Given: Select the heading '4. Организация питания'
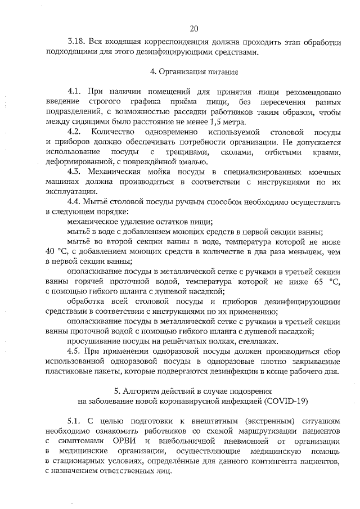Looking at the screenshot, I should pyautogui.click(x=194, y=72).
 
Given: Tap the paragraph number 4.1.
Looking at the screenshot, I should pyautogui.click(x=74, y=92).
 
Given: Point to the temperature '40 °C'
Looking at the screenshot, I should pyautogui.click(x=55, y=251).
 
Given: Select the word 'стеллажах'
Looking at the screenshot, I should pyautogui.click(x=257, y=342).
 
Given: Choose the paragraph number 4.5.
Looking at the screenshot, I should pyautogui.click(x=74, y=352).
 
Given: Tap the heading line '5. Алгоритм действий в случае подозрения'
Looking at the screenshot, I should pyautogui.click(x=194, y=391).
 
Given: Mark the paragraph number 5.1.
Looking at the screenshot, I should pyautogui.click(x=74, y=421).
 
